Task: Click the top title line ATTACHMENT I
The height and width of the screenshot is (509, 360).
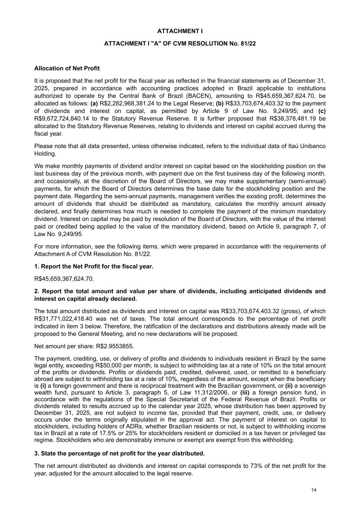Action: tap(180, 31)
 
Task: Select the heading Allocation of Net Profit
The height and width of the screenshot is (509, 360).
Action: tap(67, 68)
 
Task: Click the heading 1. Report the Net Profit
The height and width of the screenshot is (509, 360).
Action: tap(94, 266)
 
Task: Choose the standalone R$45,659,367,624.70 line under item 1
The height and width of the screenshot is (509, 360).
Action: tap(64, 279)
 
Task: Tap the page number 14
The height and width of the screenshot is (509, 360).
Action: tap(314, 490)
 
